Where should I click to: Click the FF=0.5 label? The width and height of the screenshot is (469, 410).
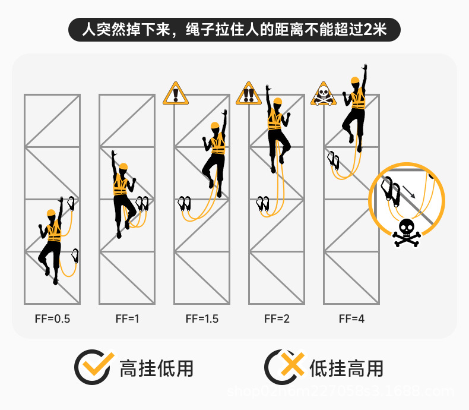tap(52, 318)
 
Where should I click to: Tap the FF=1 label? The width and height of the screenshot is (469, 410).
tap(127, 318)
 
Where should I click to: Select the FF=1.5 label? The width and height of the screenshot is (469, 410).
tap(202, 318)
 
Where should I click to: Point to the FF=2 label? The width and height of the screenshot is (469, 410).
tap(277, 318)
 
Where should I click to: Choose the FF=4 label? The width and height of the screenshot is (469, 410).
tap(351, 318)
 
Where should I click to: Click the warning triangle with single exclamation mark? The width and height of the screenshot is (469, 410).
tap(175, 94)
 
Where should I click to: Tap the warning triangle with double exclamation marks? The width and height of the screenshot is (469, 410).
tap(249, 94)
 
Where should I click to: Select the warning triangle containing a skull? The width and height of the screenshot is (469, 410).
tap(322, 94)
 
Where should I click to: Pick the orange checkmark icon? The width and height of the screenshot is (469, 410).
tap(94, 367)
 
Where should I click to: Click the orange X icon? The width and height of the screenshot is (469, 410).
tap(284, 367)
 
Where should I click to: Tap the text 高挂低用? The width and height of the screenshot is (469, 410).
tap(157, 368)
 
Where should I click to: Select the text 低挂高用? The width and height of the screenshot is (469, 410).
tap(346, 368)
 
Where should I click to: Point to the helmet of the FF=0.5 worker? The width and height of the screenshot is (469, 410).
tap(51, 213)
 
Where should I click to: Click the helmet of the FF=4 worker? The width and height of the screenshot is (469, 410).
tap(355, 80)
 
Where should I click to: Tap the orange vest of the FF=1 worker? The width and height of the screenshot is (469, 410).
tap(121, 185)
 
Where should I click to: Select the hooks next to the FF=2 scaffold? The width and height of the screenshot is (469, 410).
tap(262, 203)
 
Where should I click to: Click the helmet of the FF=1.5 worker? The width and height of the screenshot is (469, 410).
tap(215, 125)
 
